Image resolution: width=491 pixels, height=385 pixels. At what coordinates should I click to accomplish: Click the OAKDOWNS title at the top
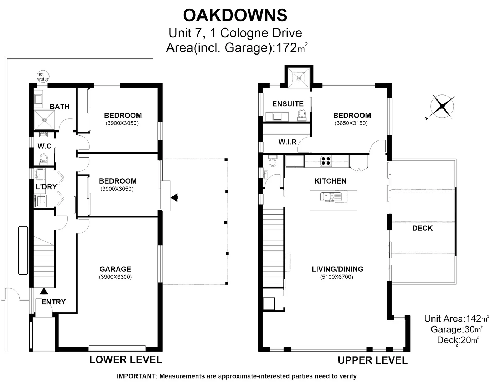click(x=235, y=15)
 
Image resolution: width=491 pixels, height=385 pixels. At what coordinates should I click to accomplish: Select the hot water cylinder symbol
click(x=42, y=76)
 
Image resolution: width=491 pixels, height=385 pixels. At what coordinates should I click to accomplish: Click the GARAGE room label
click(x=115, y=269)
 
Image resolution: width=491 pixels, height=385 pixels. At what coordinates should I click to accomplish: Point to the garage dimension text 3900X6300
click(x=115, y=277)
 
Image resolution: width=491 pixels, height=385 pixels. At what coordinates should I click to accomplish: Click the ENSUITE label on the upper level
click(x=288, y=104)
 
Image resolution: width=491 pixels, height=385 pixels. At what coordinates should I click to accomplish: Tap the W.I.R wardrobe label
click(x=287, y=142)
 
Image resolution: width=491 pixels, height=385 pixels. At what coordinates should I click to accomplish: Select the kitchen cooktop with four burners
click(x=325, y=161)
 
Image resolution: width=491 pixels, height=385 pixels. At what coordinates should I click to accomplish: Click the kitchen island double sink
click(x=330, y=196)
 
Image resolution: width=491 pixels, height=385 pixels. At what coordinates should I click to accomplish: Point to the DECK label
click(x=422, y=228)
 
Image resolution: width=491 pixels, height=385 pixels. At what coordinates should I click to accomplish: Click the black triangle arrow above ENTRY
click(x=44, y=291)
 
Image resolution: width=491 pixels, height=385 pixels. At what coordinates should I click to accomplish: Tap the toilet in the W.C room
click(x=44, y=158)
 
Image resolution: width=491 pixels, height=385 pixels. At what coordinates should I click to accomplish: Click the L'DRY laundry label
click(x=46, y=187)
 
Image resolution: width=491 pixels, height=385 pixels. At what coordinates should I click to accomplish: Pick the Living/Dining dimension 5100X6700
click(x=337, y=277)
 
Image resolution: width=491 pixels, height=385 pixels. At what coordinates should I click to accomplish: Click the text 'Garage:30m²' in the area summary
click(x=456, y=329)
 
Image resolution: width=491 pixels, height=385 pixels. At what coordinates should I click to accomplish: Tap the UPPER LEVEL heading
click(x=372, y=360)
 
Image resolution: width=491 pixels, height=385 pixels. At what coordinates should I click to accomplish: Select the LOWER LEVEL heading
click(x=125, y=360)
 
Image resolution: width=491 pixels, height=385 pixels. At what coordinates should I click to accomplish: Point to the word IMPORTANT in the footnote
click(x=136, y=376)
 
